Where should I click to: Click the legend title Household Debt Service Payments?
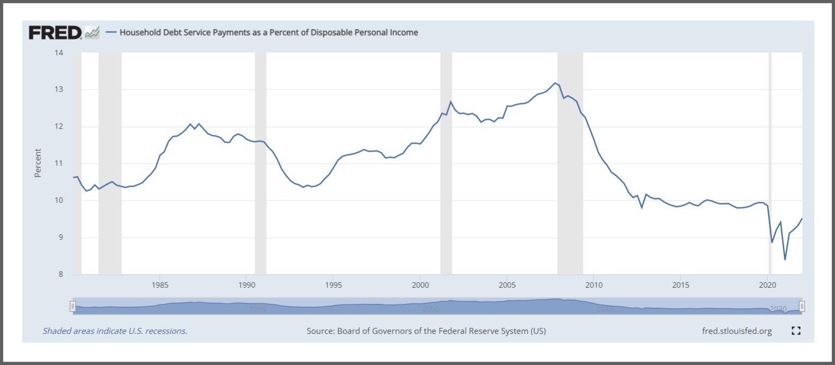pos(269,33)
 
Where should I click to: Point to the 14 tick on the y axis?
pos(58,53)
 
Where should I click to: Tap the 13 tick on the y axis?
pos(58,89)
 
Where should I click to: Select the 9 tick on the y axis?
pos(60,238)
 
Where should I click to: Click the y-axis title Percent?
pos(38,163)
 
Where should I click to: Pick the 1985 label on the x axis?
pos(160,285)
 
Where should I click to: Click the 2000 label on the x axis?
pos(420,285)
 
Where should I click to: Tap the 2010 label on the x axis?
pos(594,285)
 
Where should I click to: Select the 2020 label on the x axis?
pos(767,285)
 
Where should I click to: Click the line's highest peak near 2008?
pos(554,83)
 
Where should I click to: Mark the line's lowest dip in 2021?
pos(784,259)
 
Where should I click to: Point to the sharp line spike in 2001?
pos(451,102)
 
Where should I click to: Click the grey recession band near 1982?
pos(110,163)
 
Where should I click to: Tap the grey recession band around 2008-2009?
pos(570,163)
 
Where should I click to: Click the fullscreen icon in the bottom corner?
pos(796,331)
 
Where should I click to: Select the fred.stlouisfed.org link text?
pos(737,331)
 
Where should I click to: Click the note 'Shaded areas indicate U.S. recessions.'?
pos(115,331)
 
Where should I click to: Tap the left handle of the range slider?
pos(72,307)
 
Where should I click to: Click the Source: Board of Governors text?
pos(426,331)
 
